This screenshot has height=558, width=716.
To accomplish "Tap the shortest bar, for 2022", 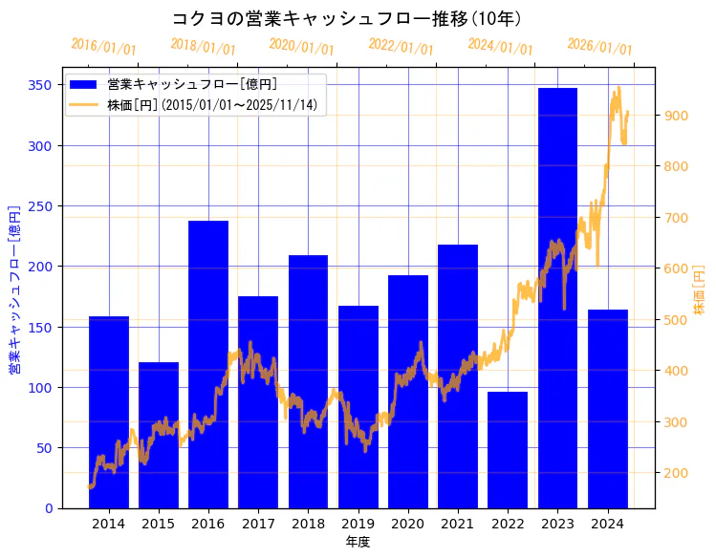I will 508,449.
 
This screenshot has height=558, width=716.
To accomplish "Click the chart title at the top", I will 346,18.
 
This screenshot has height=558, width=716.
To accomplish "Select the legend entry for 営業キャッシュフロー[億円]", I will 192,84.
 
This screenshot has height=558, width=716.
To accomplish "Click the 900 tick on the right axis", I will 676,116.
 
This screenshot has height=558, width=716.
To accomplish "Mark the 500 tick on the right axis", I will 676,320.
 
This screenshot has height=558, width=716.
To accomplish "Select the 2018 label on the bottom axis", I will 308,524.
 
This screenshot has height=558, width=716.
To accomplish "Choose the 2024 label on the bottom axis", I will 607,524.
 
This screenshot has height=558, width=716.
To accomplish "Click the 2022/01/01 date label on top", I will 401,46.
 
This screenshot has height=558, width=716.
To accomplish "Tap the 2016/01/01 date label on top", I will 103,46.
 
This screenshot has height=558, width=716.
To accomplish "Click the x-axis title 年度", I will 358,542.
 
